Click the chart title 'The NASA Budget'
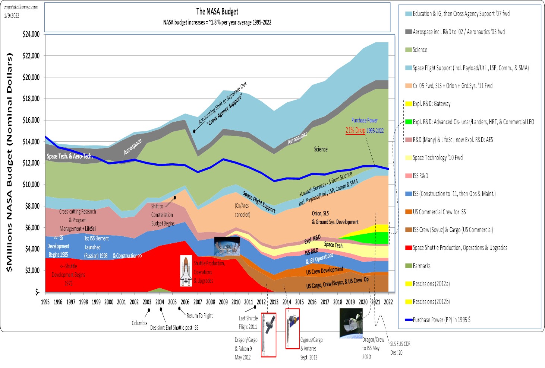(217, 12)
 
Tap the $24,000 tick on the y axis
(31, 34)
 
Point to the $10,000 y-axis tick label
(31, 185)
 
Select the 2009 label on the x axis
(223, 302)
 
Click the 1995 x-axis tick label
(45, 302)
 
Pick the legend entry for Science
(420, 50)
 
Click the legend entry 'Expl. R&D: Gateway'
(431, 104)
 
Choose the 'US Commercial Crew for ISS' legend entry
(439, 212)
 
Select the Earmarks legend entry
(421, 266)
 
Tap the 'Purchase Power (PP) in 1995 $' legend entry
(441, 320)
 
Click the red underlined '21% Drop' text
(355, 130)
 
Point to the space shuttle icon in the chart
(186, 271)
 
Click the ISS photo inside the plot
(224, 247)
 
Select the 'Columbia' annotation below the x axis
(139, 323)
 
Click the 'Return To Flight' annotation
(199, 316)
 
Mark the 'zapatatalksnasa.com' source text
(21, 7)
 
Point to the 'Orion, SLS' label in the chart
(320, 213)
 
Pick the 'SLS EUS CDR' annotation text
(400, 344)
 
